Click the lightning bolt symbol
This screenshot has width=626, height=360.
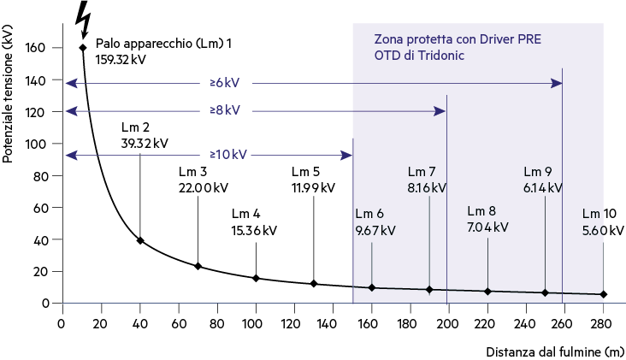84,19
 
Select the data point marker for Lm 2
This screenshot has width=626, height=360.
140,240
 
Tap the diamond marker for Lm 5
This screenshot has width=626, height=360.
314,284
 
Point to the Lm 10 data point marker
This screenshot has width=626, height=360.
603,294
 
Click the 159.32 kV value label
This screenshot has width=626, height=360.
121,60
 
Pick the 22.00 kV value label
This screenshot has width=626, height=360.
204,187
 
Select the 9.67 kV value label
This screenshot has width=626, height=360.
375,230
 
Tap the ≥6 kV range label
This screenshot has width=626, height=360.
225,83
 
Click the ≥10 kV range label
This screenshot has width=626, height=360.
228,155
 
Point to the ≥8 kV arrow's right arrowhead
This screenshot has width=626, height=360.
440,111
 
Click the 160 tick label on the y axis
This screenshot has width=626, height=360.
35,48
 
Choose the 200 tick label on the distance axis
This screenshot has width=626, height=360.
447,324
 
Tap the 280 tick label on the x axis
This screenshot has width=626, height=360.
601,324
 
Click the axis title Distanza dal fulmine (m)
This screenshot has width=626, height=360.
555,351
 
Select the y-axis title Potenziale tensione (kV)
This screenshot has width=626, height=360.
8,94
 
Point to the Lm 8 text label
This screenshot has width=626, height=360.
481,210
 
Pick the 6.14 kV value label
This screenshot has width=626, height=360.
543,187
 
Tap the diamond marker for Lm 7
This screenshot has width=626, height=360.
429,289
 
